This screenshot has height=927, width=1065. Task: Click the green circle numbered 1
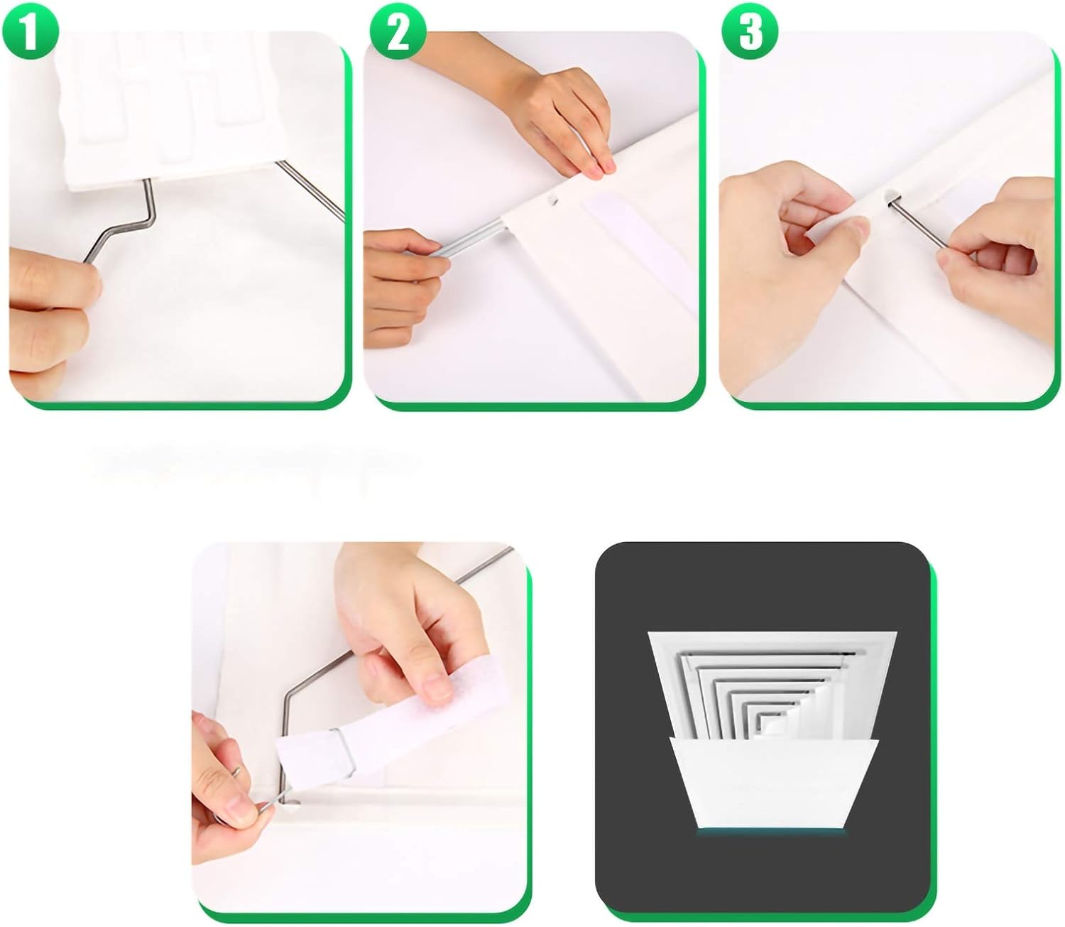point(29,31)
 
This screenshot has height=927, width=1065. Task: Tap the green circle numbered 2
point(398,31)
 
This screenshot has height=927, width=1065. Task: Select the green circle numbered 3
point(750,31)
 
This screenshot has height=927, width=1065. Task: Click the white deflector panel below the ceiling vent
point(774,781)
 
